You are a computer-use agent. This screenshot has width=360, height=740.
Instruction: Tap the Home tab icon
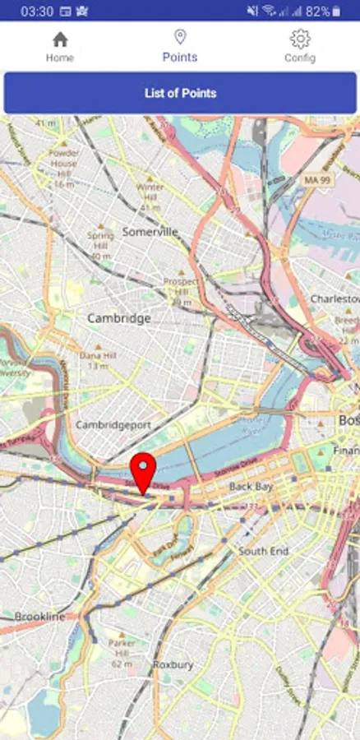pyautogui.click(x=60, y=39)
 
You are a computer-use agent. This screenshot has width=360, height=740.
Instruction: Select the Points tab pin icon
pyautogui.click(x=180, y=37)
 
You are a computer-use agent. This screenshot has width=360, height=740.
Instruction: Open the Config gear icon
pyautogui.click(x=300, y=39)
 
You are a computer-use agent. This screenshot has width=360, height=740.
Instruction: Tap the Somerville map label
pyautogui.click(x=150, y=232)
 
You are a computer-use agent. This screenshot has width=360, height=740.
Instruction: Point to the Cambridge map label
pyautogui.click(x=119, y=318)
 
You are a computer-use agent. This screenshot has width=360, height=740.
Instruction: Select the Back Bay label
pyautogui.click(x=251, y=487)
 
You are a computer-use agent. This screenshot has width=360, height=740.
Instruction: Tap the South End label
pyautogui.click(x=263, y=551)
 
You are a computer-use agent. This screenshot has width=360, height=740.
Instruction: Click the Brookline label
pyautogui.click(x=39, y=616)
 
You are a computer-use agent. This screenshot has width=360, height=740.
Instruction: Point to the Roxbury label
pyautogui.click(x=173, y=664)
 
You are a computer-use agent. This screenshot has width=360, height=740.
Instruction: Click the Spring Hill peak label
pyautogui.click(x=100, y=240)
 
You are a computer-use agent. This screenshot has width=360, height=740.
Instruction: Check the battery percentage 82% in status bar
pyautogui.click(x=318, y=12)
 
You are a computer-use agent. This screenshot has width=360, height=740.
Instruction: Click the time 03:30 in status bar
pyautogui.click(x=37, y=12)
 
